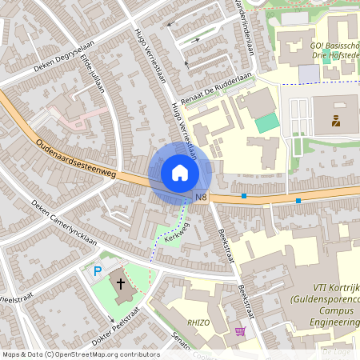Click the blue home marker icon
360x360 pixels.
pyautogui.click(x=179, y=172)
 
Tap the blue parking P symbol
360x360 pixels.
pyautogui.click(x=98, y=272)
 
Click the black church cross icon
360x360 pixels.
pyautogui.click(x=122, y=284)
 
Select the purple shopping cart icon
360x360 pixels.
pyautogui.click(x=239, y=331)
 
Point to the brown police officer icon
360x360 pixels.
pyautogui.click(x=335, y=122)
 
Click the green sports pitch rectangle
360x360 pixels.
pyautogui.click(x=267, y=123)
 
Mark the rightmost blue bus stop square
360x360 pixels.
pyautogui.click(x=298, y=200)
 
